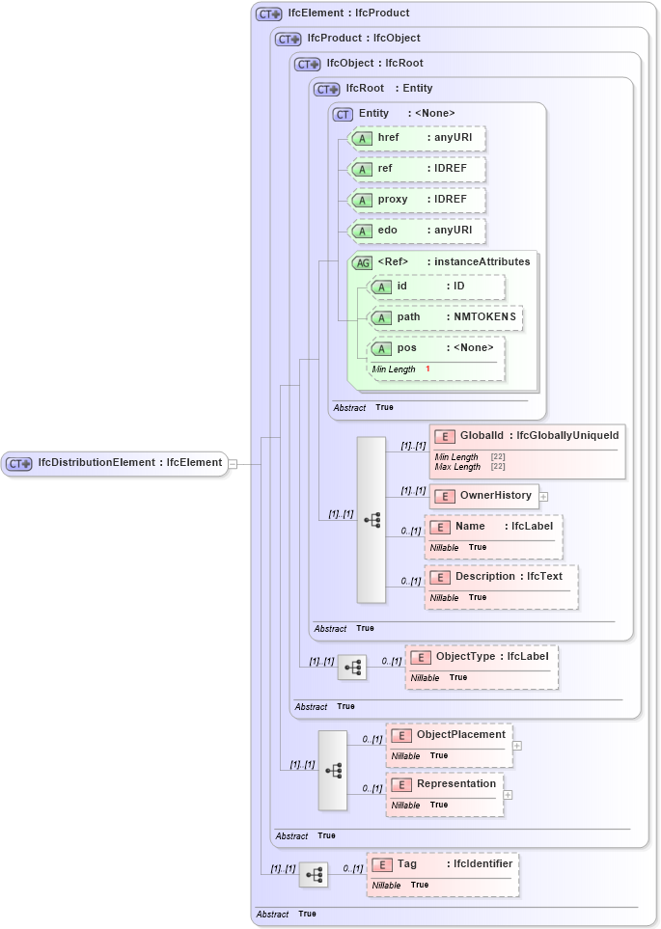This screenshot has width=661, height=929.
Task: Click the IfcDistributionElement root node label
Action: (129, 463)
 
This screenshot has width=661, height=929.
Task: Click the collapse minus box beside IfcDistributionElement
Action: (233, 463)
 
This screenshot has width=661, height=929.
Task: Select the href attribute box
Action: (416, 138)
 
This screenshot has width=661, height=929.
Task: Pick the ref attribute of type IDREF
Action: (416, 169)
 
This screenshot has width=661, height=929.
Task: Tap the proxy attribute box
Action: (416, 200)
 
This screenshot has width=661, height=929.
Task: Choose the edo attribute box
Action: (416, 231)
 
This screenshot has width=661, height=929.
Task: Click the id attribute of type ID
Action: (436, 287)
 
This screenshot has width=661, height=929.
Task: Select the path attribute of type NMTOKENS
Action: (445, 317)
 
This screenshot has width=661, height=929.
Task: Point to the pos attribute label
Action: (408, 348)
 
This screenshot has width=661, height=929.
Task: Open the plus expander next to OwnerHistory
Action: (543, 497)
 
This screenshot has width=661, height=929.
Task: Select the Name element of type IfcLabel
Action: (492, 528)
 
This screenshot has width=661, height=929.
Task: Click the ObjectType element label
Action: (465, 657)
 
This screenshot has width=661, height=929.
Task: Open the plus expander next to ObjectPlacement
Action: (517, 745)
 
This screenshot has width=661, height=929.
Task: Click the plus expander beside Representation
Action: (509, 795)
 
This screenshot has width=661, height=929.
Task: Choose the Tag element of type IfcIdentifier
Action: (442, 864)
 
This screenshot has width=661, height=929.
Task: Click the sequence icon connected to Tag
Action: (314, 875)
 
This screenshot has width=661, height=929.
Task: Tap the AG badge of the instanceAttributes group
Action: (362, 262)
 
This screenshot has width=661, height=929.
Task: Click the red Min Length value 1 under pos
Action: (427, 369)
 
